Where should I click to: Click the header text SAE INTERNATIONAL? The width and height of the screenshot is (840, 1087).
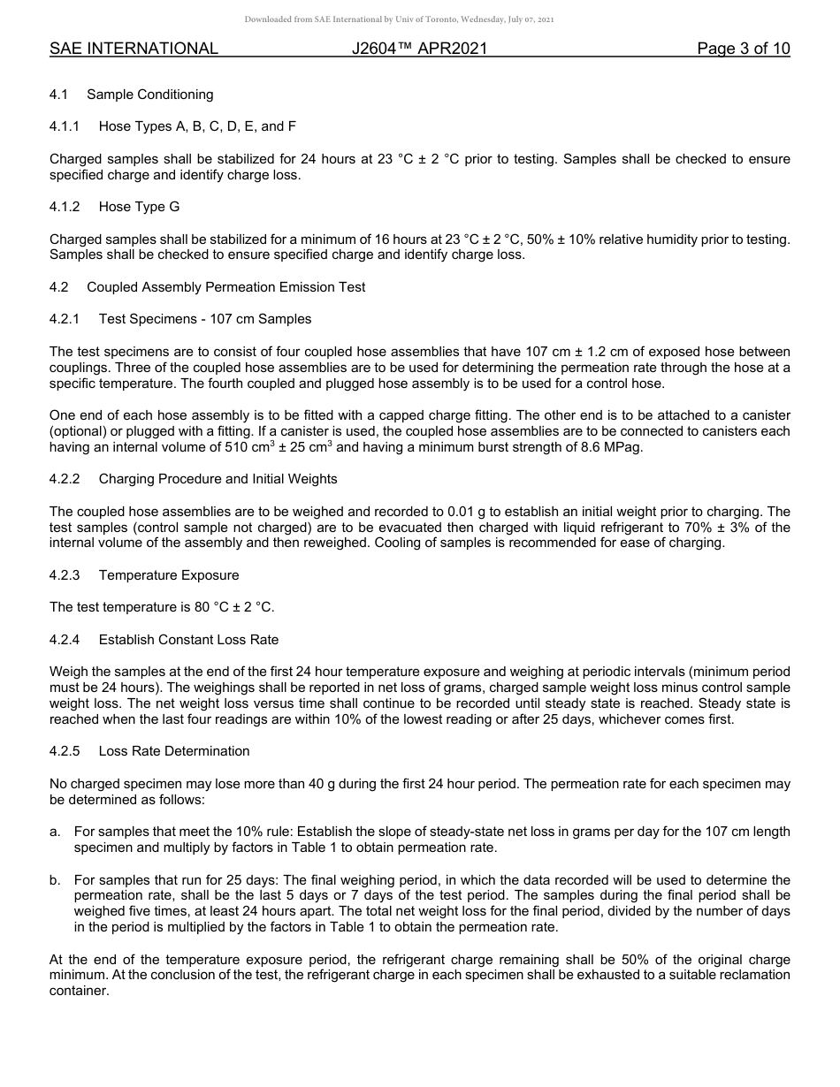point(134,49)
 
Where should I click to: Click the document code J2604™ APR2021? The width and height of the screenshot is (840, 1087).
point(419,49)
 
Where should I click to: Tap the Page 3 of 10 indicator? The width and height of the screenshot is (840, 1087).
point(743,49)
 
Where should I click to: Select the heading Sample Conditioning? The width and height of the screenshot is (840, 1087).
point(149,95)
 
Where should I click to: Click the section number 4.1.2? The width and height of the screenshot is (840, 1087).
point(65,207)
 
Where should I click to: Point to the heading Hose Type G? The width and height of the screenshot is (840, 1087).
point(132,207)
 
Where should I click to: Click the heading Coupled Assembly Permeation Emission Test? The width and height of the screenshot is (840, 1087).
point(225,287)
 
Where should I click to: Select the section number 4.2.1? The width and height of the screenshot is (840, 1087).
point(65,318)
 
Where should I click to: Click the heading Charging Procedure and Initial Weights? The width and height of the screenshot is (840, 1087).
point(218,479)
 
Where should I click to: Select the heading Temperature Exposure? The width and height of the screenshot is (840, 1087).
point(169,575)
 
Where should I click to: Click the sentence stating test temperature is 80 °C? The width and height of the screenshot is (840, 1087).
point(162,607)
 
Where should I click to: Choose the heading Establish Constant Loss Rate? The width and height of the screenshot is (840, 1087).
point(188,639)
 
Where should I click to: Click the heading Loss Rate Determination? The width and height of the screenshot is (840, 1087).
point(174,751)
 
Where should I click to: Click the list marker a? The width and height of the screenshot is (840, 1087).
point(55,832)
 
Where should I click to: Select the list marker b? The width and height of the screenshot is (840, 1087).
point(55,880)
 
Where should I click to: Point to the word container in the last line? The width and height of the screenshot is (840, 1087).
point(79,992)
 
